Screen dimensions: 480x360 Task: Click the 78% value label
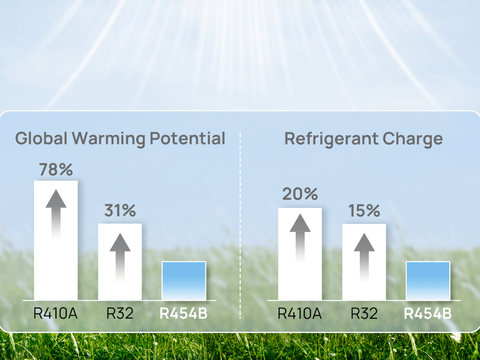coord(56,169)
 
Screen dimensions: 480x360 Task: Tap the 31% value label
coord(120,210)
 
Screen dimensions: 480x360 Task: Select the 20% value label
coord(300,194)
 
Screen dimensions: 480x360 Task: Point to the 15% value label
coord(364,211)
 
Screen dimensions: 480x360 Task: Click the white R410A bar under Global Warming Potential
coord(56,240)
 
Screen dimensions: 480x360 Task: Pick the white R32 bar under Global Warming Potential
coord(120,262)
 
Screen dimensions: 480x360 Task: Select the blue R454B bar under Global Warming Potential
coord(184,281)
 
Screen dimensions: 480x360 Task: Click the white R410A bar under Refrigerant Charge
coord(300,254)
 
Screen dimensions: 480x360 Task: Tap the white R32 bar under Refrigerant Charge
coord(364,262)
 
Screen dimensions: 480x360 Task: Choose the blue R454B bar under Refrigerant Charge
coord(428,281)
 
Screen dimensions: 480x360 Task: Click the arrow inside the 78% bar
coord(56,214)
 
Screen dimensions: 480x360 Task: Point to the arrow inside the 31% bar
coord(120,258)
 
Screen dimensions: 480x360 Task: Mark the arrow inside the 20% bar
coord(300,238)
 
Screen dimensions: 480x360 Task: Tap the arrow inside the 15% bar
coord(364,258)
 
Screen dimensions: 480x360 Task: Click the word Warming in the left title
coord(108,140)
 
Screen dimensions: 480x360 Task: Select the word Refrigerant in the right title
coord(331,140)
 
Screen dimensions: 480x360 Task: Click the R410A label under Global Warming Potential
coord(56,313)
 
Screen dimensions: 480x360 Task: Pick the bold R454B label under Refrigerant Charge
coord(428,314)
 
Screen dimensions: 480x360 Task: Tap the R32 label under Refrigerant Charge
coord(364,313)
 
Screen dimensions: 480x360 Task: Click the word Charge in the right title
coord(413,140)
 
